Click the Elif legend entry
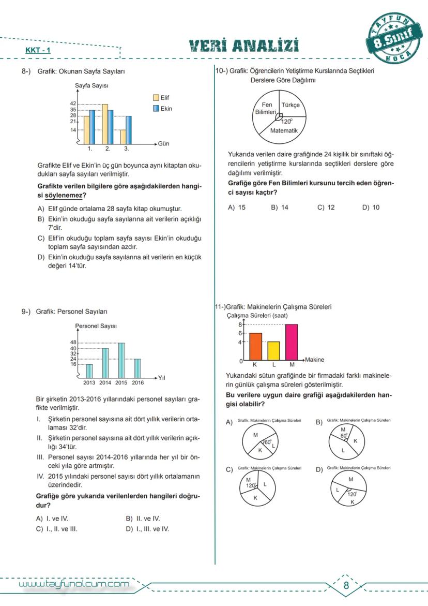[161, 97]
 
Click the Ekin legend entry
[161, 109]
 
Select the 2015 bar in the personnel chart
[121, 360]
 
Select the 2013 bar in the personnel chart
[89, 371]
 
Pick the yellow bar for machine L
[273, 351]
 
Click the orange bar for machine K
[255, 347]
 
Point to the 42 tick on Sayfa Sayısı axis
[73, 104]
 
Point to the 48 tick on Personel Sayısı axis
[73, 343]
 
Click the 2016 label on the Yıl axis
[137, 383]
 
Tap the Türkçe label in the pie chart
[290, 105]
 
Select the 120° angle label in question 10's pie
[287, 121]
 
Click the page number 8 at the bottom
[346, 586]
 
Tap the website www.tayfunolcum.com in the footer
[73, 584]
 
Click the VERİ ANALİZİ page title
[244, 46]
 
